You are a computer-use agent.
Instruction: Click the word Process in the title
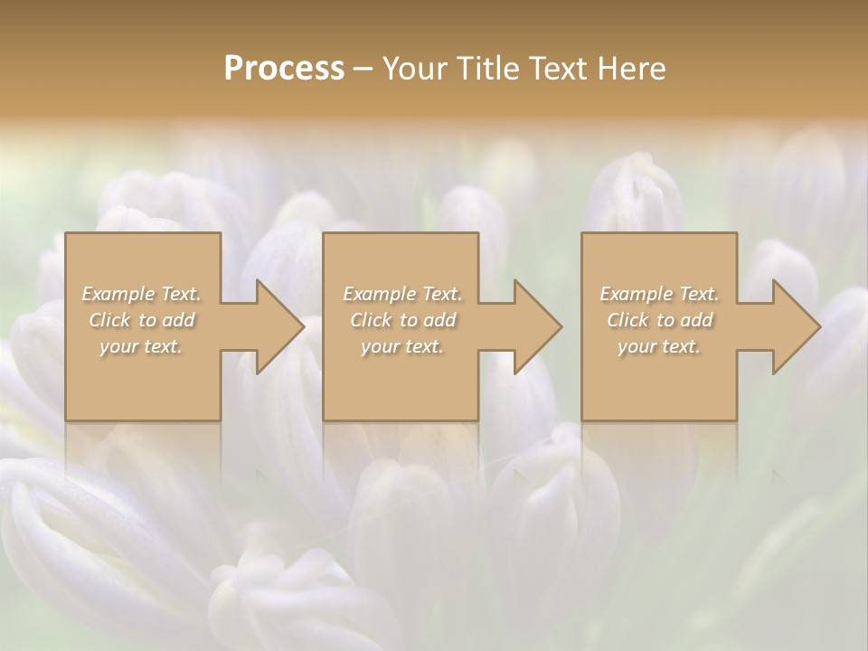click(284, 69)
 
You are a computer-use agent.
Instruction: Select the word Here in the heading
click(631, 69)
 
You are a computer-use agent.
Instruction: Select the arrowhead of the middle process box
click(536, 326)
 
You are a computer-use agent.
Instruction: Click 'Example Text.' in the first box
click(142, 294)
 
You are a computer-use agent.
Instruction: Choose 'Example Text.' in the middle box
click(402, 294)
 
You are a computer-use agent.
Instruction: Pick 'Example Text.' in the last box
click(659, 294)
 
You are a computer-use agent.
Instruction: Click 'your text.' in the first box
click(141, 346)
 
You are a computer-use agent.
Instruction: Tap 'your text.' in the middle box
click(402, 346)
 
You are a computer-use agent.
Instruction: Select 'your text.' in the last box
click(659, 346)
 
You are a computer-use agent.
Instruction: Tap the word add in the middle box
click(439, 320)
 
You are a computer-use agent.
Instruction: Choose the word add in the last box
click(696, 320)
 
